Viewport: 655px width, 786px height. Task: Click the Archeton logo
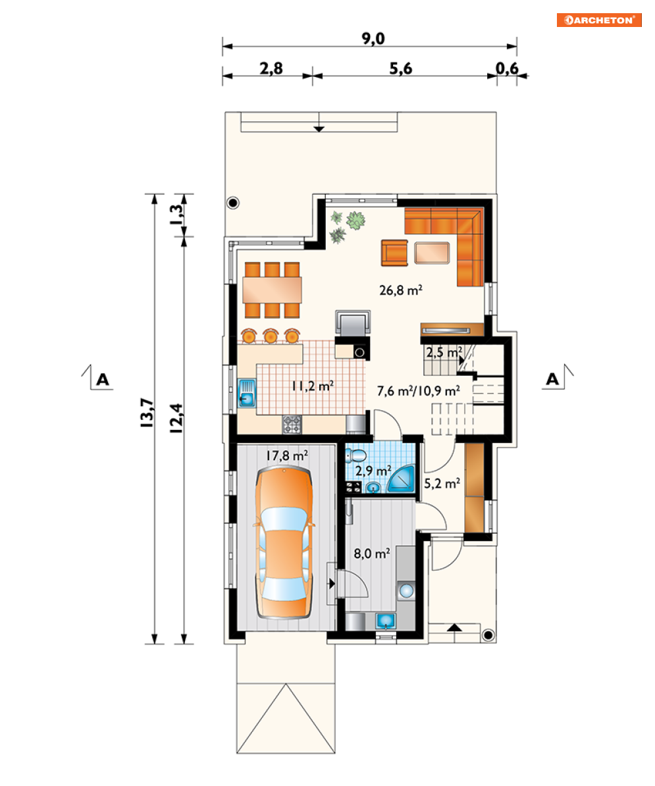tap(599, 20)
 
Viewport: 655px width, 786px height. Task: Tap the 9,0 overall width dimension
tap(373, 39)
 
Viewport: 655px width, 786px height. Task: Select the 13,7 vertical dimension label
tap(147, 413)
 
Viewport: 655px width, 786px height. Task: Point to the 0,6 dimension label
tap(507, 68)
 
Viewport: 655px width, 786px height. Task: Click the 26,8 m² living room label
tap(400, 290)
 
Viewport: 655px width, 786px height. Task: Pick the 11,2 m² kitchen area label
tap(313, 386)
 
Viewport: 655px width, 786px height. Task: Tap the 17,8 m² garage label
tap(286, 456)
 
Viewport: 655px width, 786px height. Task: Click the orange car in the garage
tap(284, 543)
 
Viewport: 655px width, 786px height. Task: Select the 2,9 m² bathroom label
tap(373, 471)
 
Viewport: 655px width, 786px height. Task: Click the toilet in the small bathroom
tap(356, 456)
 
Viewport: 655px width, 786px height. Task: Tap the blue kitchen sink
tap(247, 393)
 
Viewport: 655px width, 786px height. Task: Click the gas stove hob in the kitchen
tap(292, 424)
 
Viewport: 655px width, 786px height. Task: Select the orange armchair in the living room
tap(394, 253)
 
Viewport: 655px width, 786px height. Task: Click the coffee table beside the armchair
tap(431, 253)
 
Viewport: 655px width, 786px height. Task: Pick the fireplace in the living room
tap(353, 323)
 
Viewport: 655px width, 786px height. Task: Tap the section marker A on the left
tap(103, 379)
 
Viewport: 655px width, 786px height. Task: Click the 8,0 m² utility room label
tap(372, 554)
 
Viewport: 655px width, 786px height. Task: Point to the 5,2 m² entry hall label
tap(442, 484)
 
